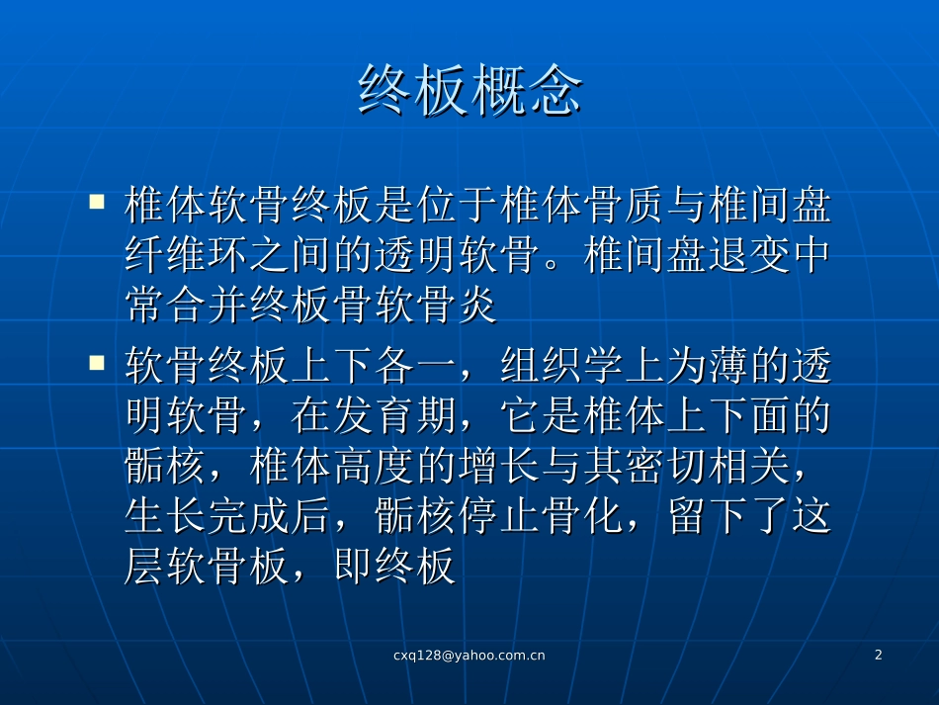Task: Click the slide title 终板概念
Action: (469, 92)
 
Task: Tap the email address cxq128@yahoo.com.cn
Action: (469, 655)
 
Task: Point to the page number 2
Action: (878, 655)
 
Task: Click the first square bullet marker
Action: (97, 203)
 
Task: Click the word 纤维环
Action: (188, 256)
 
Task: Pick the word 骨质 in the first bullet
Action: (604, 205)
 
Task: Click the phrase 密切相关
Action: (708, 466)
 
